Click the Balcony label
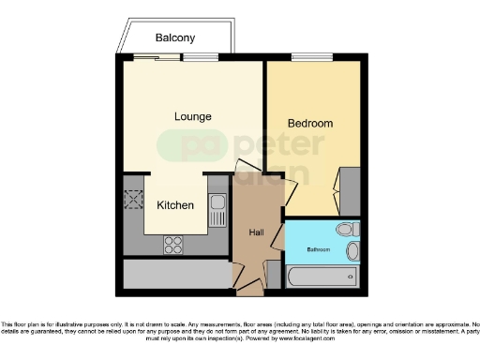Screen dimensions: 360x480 click(x=176, y=38)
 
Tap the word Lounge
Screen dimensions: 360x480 click(x=193, y=116)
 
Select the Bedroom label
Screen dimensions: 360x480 click(x=309, y=123)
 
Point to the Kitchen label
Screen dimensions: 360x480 click(x=175, y=205)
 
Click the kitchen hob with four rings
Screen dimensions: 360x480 click(x=174, y=244)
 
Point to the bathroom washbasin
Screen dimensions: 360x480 click(x=352, y=251)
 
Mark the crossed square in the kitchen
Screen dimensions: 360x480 click(x=132, y=199)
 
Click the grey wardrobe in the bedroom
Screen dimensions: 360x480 click(x=349, y=191)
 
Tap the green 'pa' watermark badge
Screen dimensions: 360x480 click(x=182, y=146)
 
